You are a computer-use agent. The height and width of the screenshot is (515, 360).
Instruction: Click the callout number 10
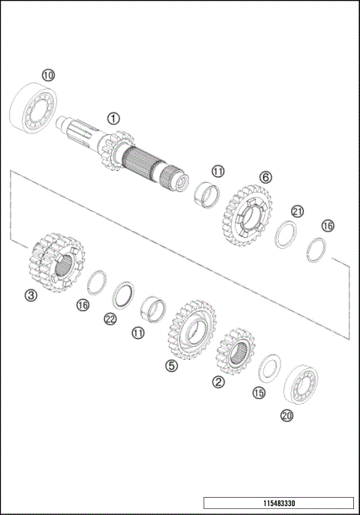pos(48,75)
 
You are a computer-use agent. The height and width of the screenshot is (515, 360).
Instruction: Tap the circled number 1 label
pos(113,118)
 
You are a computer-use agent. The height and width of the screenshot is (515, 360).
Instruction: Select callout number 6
pos(265,177)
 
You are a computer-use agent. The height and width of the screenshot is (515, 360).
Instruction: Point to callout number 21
pos(298,211)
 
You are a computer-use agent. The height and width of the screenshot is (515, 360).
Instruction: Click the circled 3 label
pos(31,295)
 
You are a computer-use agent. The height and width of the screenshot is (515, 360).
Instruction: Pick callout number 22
pos(110,319)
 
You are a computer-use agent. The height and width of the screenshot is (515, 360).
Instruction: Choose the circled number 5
pos(172,365)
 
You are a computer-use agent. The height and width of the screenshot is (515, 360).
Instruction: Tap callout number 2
pos(218,382)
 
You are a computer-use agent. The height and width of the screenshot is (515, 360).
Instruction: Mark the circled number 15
pos(259,393)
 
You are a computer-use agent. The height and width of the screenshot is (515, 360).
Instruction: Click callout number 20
pos(286,415)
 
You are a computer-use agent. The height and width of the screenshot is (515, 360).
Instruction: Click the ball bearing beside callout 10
pos(33,109)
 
